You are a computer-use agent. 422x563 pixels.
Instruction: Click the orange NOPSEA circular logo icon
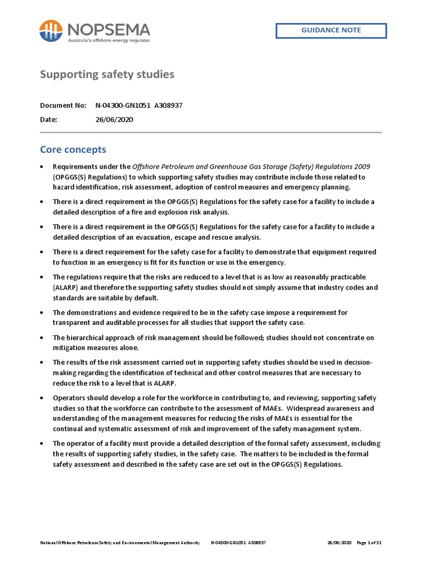coord(51,31)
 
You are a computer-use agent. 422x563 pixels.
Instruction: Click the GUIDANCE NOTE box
coord(331,30)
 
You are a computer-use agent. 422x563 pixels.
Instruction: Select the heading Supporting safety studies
coord(107,74)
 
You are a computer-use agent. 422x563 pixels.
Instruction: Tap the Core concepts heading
coord(73,150)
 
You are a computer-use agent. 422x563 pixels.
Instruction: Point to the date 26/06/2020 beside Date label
coord(114,119)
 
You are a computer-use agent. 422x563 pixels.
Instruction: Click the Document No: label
coord(63,105)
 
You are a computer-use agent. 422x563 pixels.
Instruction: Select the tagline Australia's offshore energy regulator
coord(108,40)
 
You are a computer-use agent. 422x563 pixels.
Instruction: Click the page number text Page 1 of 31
coord(369,543)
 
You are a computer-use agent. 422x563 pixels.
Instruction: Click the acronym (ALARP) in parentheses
coord(69,288)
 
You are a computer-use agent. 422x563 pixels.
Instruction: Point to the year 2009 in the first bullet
coord(361,167)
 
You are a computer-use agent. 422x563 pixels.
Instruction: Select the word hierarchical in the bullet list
coord(84,338)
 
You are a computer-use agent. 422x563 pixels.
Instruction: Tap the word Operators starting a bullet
coord(69,398)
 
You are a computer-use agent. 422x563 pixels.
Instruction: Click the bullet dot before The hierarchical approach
coord(42,338)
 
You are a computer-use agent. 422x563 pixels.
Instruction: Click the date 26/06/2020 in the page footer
coord(339,543)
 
